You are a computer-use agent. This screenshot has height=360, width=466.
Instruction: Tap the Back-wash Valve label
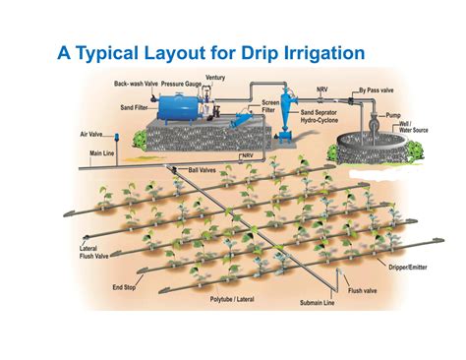(135, 85)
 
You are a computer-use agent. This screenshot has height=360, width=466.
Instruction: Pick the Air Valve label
(91, 135)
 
